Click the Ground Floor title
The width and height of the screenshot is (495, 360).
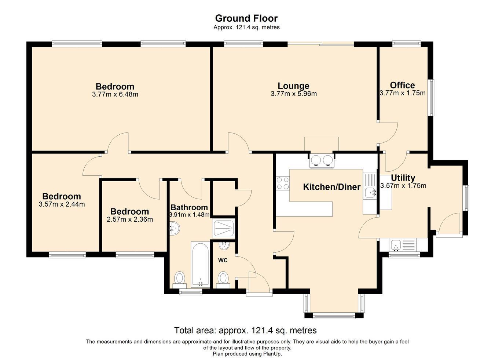(x=246, y=18)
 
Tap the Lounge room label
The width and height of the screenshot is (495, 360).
(x=293, y=86)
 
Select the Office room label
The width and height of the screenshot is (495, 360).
(x=402, y=85)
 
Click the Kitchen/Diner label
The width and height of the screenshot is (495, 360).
(x=332, y=187)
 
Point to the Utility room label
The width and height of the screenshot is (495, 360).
(x=403, y=178)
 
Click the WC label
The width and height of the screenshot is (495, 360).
(x=223, y=261)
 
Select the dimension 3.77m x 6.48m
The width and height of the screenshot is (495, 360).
(x=115, y=94)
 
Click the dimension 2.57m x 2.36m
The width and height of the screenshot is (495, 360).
(x=130, y=219)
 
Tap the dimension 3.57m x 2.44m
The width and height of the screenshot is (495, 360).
(x=62, y=204)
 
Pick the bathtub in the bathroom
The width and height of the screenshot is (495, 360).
(x=200, y=265)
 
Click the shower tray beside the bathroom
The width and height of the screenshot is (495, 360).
(x=223, y=228)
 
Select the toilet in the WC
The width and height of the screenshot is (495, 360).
(x=223, y=280)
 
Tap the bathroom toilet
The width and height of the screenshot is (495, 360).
(x=180, y=280)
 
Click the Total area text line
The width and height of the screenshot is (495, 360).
(x=246, y=331)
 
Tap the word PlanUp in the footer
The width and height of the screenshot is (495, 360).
(x=272, y=354)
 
